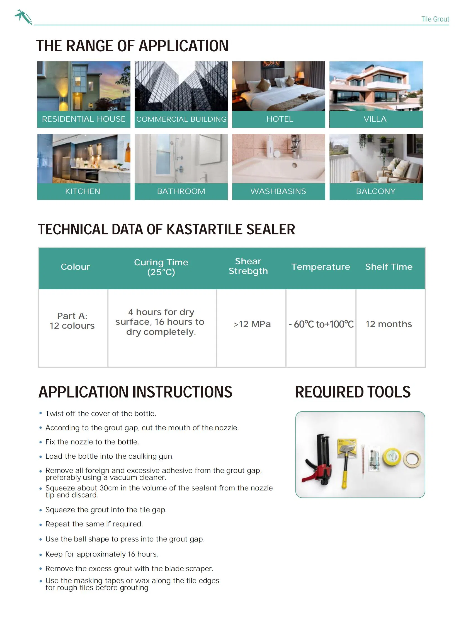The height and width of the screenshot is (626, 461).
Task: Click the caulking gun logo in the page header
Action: coord(23,17)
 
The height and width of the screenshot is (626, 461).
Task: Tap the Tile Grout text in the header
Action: coord(435,19)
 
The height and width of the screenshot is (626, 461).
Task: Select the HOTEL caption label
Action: coord(280,119)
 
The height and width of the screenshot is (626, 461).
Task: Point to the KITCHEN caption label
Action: coord(83,191)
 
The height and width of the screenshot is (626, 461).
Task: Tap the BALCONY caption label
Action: coord(376,191)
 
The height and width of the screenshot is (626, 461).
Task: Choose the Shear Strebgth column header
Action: coord(248,266)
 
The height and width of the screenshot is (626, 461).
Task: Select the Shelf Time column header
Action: coord(389,267)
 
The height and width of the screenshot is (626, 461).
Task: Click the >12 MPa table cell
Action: coord(252,324)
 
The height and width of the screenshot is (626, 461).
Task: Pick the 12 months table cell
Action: coord(389,324)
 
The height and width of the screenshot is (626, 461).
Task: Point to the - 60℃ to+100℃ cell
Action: coord(321,324)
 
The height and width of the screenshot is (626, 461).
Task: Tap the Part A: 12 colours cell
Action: coord(72,321)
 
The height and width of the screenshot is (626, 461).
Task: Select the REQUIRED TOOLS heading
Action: coord(353,392)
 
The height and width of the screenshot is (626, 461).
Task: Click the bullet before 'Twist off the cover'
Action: coord(41,413)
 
